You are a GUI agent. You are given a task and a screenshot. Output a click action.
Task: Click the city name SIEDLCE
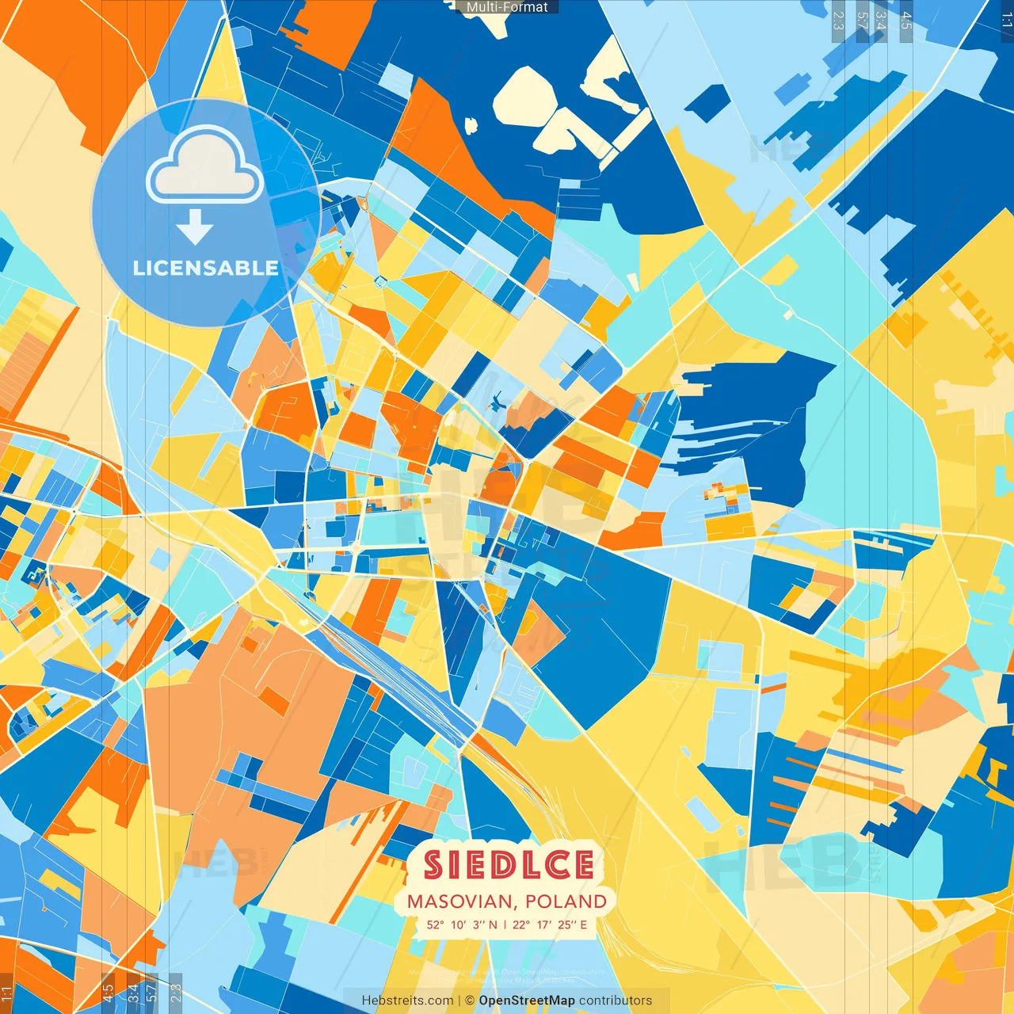point(508,864)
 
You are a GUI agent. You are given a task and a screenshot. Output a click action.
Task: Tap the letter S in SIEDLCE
point(433,864)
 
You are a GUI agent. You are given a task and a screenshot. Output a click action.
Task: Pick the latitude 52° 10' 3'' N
point(462,924)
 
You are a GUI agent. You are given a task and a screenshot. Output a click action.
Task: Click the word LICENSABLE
point(205,268)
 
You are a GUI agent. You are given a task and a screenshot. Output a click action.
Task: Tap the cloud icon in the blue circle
point(205,166)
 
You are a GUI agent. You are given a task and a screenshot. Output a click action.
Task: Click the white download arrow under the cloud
point(195,227)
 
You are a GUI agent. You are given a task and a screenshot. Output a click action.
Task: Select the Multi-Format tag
point(507,7)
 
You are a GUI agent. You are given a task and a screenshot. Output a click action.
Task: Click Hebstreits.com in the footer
point(408,1001)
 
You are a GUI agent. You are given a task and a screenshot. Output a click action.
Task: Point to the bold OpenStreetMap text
point(527,1001)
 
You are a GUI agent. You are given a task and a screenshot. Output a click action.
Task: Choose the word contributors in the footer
point(616,1001)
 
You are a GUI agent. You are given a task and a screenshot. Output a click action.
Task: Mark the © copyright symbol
point(470,1001)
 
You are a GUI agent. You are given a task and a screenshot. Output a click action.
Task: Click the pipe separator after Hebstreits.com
point(459,1001)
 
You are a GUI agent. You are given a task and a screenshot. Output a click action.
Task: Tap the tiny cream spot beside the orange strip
point(471,125)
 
